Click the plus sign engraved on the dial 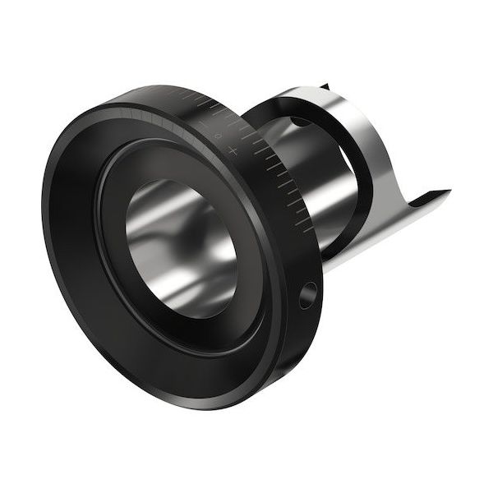[x=233, y=151]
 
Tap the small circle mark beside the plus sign [x=218, y=135]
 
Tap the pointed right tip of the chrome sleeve [x=448, y=193]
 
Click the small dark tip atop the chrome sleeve [x=325, y=85]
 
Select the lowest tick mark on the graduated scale [x=306, y=228]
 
